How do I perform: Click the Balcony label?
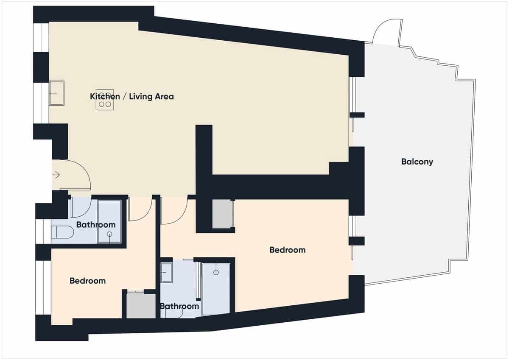tap(417, 162)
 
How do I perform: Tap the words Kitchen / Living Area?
tap(131, 97)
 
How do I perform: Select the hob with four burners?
tap(105, 100)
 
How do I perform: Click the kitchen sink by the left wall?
tap(56, 93)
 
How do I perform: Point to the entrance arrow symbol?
tap(56, 174)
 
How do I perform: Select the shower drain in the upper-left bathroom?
tap(109, 234)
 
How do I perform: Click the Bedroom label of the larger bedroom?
tap(287, 250)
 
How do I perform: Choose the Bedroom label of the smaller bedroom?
tap(87, 281)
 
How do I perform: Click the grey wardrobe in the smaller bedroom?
tap(141, 305)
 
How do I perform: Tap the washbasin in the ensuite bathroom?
tap(166, 272)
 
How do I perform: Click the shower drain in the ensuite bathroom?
tap(216, 271)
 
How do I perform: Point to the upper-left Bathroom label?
tap(96, 224)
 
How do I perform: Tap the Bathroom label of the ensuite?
tap(179, 306)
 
